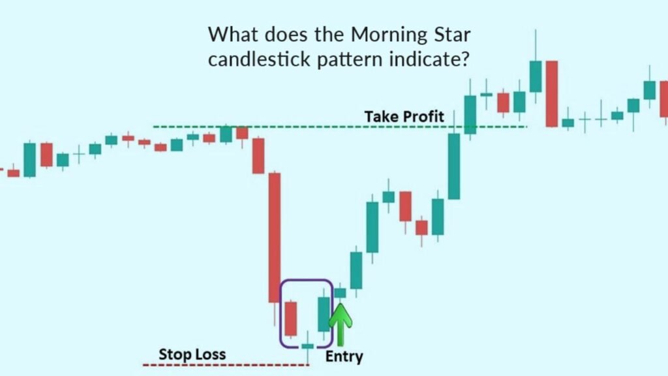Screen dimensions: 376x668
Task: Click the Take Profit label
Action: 404,116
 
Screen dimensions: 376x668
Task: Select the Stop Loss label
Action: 192,354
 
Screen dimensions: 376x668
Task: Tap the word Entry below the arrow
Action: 344,356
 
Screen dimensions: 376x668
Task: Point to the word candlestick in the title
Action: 254,59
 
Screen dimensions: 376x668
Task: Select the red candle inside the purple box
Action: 291,318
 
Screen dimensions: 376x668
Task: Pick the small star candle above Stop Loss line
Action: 307,346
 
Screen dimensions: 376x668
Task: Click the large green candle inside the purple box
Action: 324,314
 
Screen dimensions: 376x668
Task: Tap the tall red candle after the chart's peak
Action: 552,93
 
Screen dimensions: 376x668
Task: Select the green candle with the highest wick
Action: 536,76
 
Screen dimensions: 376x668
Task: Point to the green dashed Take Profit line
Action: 294,126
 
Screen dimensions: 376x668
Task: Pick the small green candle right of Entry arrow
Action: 341,293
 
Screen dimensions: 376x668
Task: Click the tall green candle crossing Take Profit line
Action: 454,166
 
